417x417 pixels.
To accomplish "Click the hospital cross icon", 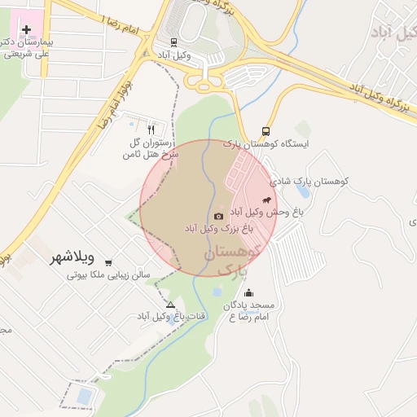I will pos(27,29).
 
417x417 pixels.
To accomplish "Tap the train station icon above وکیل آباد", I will pos(173,42).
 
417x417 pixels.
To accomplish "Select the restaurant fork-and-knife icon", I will pos(151,129).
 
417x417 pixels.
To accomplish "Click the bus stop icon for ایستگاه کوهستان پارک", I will pos(266,131).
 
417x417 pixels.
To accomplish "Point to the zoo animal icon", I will pos(266,200).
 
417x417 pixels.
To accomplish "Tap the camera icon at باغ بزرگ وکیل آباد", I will pos(218,216).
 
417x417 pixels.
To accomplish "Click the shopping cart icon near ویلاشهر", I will pos(108,261).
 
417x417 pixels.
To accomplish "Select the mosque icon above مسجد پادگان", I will pos(248,293).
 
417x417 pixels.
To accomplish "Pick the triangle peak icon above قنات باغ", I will pos(170,305).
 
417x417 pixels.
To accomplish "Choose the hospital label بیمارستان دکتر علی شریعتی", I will pos(29,46).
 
